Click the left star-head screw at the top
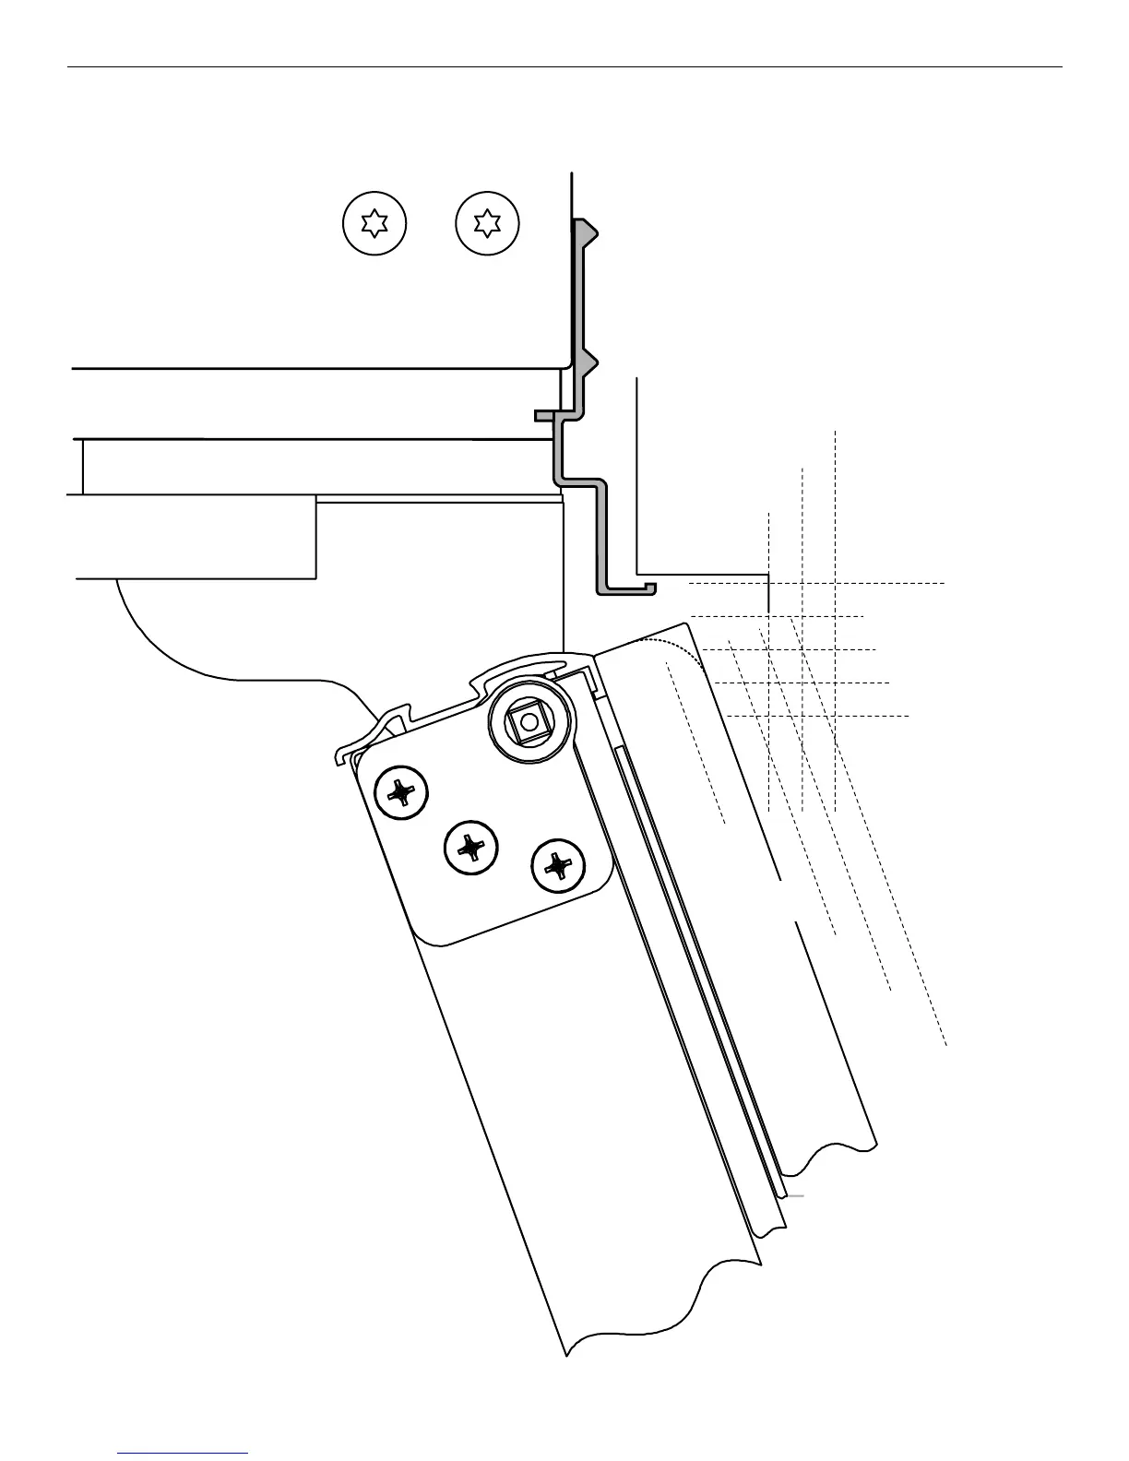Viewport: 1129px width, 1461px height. (374, 223)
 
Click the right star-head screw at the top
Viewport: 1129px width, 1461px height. (488, 223)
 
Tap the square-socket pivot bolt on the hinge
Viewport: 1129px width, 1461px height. (529, 723)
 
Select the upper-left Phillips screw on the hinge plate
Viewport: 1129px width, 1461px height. (401, 792)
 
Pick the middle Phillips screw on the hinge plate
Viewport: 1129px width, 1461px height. (470, 846)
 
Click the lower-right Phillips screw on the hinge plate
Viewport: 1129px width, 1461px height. (558, 866)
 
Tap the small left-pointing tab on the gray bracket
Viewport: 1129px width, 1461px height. (545, 416)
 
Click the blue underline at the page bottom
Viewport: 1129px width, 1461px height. (183, 1454)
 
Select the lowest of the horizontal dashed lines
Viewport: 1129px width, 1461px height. (817, 716)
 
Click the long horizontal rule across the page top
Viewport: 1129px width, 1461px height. (564, 66)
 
